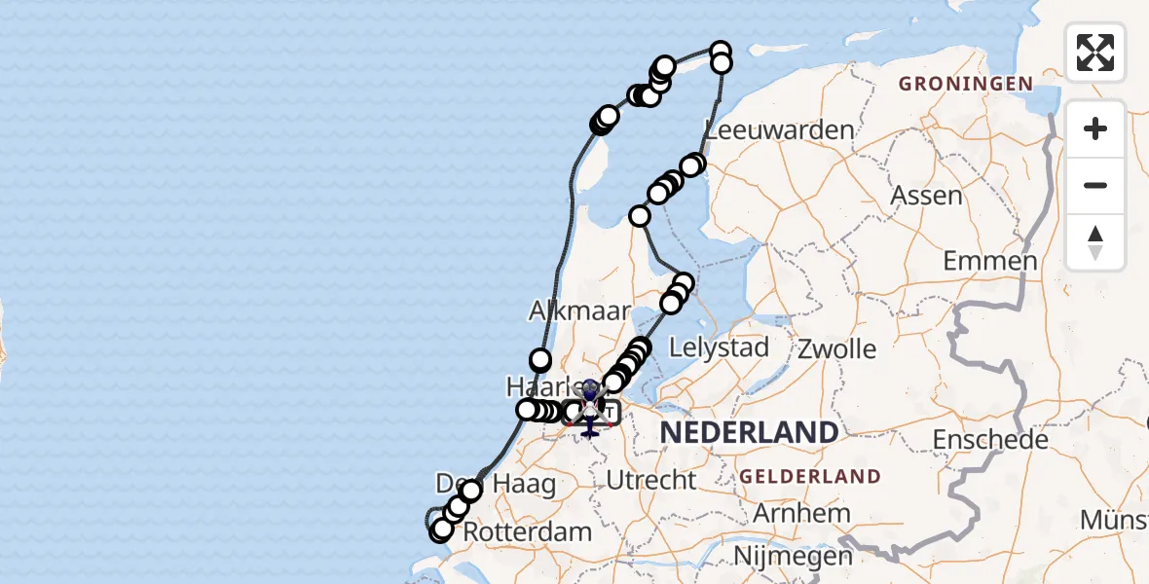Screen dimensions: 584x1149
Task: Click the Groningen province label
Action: click(965, 84)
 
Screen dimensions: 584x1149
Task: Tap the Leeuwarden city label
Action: click(780, 130)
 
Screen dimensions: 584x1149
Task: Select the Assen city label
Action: click(926, 196)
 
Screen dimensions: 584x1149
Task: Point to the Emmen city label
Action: click(989, 262)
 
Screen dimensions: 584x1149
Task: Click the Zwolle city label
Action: click(836, 349)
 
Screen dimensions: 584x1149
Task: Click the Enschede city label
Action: click(990, 440)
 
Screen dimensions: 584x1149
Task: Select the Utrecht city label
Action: click(650, 480)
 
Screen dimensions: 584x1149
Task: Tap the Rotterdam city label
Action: click(527, 532)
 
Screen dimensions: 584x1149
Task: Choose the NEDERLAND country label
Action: click(750, 433)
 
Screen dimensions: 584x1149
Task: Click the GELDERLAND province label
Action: click(810, 477)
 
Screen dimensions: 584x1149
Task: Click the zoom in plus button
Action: click(1095, 128)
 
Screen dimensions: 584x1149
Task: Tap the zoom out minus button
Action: click(1095, 185)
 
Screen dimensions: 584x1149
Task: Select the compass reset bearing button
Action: click(1095, 242)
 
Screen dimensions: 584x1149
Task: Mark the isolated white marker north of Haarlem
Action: click(540, 360)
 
